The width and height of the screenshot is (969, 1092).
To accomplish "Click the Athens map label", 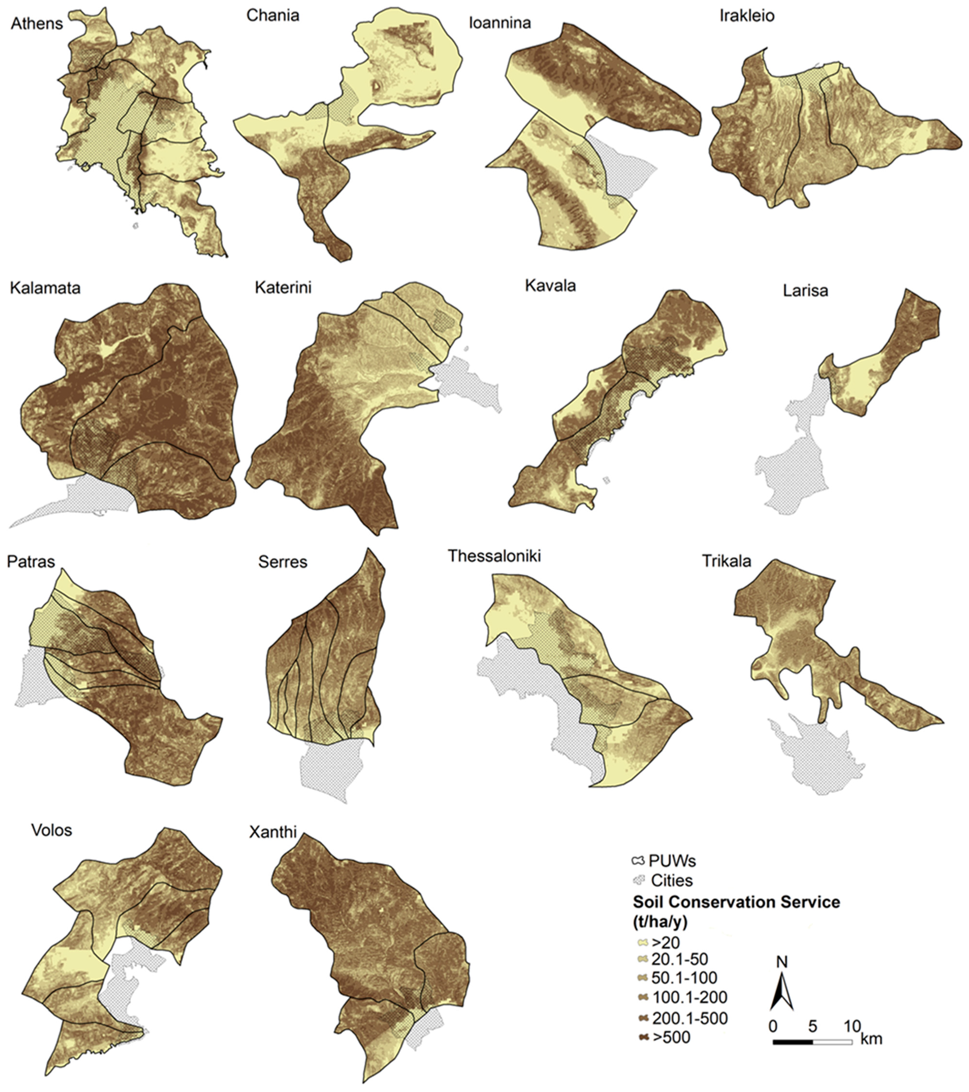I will click(36, 24).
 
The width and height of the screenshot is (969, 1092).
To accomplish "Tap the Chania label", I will click(272, 15).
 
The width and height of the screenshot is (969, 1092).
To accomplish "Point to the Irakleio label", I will click(747, 15).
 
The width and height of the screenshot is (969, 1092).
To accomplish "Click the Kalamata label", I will click(45, 288).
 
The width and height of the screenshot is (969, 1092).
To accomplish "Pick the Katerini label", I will click(283, 287).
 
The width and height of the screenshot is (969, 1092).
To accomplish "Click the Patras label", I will click(30, 561).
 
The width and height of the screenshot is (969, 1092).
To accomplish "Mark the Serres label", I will click(283, 561).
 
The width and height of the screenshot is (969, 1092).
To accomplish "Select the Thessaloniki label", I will click(494, 556).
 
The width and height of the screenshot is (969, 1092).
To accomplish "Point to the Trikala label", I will click(726, 561).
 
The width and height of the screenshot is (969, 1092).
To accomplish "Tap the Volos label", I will click(51, 830).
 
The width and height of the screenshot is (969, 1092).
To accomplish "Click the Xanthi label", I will click(272, 833).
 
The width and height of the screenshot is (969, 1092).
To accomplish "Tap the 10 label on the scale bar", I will click(853, 1026).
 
